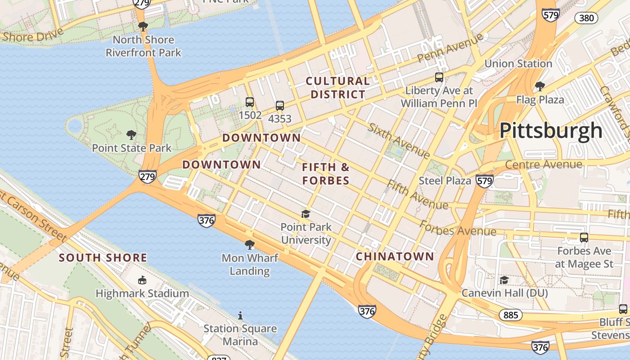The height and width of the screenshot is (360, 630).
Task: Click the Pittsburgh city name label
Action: tap(551, 130)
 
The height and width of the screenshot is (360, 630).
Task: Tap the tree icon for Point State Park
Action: tap(131, 135)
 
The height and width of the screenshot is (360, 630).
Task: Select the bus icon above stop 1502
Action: tap(250, 102)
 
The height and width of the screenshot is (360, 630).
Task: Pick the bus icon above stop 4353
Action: tap(280, 106)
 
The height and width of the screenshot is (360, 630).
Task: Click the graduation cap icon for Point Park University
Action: tap(306, 214)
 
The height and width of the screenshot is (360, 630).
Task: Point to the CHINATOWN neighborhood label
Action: tap(395, 256)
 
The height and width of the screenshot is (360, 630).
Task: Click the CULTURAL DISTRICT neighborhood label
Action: tap(338, 88)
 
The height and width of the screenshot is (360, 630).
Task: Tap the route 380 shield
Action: tap(587, 18)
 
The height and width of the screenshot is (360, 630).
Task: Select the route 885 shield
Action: tap(511, 315)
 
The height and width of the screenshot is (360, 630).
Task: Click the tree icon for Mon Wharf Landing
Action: tap(250, 245)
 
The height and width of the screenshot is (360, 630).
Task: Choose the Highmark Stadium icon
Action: tap(142, 280)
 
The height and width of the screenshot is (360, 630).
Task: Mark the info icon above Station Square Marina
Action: tap(240, 315)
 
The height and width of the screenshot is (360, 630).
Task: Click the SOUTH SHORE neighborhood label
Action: tap(103, 258)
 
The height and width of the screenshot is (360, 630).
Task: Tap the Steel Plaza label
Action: tap(445, 181)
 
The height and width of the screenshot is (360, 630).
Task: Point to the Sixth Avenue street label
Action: tap(399, 140)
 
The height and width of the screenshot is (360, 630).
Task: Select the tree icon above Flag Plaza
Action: tap(540, 86)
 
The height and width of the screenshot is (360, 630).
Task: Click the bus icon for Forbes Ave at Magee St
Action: tap(584, 238)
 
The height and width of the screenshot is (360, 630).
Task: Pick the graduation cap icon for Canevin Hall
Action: tap(504, 280)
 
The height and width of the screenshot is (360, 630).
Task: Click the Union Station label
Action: tap(518, 63)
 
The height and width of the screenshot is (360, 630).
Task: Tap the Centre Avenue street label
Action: tap(544, 165)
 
